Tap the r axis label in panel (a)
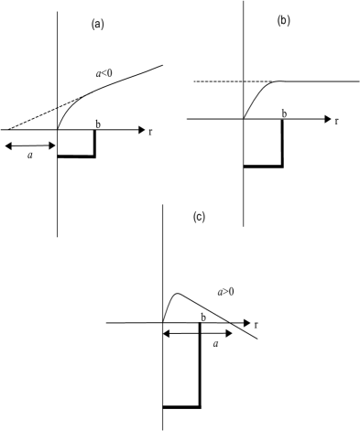(x=150, y=131)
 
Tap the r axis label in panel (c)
(x=256, y=324)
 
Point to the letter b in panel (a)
(x=96, y=122)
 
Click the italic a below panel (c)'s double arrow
(x=214, y=344)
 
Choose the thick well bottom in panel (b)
(x=263, y=166)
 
